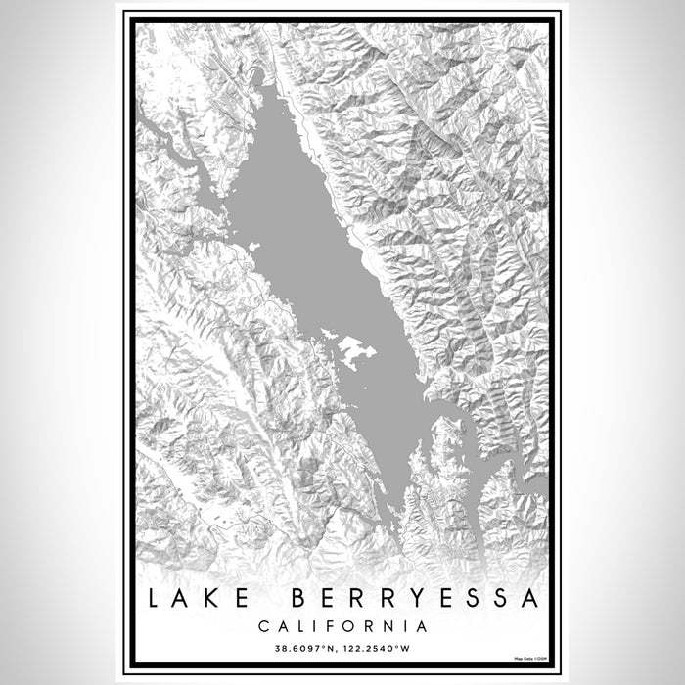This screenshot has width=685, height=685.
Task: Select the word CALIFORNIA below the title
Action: [x=342, y=625]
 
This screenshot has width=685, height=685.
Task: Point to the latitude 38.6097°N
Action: [x=300, y=647]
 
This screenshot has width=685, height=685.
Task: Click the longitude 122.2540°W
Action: [x=381, y=647]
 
